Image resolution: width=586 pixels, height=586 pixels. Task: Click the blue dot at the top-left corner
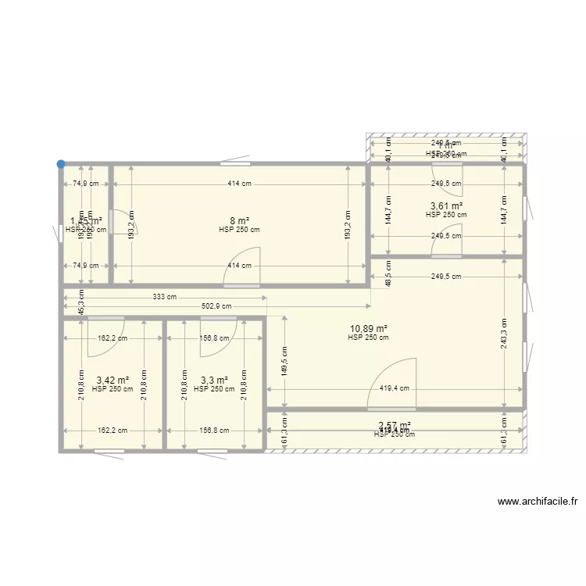60,164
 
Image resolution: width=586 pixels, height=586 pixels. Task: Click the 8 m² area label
239,220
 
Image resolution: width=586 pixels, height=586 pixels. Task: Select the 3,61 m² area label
446,206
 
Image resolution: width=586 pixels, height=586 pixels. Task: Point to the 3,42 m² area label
112,381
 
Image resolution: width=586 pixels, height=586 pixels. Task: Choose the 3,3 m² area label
213,381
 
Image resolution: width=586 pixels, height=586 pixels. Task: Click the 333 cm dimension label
165,297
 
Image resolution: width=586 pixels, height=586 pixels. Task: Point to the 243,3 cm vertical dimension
505,334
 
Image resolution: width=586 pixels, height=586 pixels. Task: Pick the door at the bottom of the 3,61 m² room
446,245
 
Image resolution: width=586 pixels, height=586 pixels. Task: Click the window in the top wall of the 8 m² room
235,164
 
